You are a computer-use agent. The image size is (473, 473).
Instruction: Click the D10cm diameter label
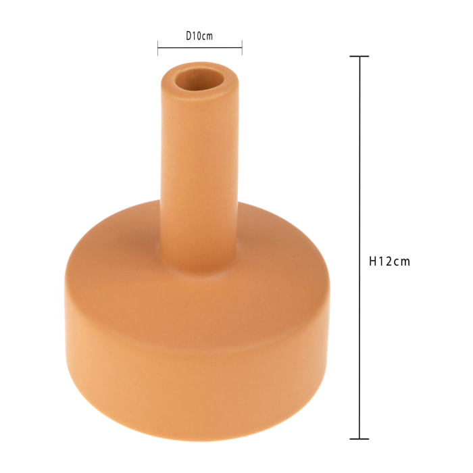point(199,36)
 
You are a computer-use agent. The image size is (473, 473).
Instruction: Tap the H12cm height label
point(390,261)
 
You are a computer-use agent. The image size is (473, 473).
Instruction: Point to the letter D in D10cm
point(189,36)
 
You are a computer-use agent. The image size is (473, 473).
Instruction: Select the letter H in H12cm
point(373,261)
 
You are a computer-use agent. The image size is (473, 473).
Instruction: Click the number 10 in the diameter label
point(197,36)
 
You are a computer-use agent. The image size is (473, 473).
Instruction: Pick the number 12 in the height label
point(387,261)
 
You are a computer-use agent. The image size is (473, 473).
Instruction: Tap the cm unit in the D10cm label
point(207,36)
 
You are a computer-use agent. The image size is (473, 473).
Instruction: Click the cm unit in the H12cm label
point(402,261)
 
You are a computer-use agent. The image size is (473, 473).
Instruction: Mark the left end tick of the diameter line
point(158,47)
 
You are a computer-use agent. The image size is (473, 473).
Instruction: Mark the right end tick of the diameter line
point(242,47)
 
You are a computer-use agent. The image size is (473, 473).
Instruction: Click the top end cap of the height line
point(359,57)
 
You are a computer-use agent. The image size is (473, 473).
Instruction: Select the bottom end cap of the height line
point(359,439)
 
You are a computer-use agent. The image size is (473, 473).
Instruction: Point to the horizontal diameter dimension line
point(200,47)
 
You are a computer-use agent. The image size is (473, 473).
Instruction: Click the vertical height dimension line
point(359,169)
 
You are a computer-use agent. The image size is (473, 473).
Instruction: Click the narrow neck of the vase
point(199,169)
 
